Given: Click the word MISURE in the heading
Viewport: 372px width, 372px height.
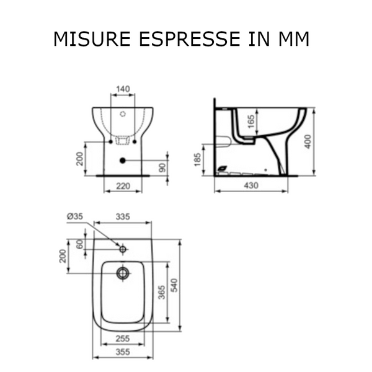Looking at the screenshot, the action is click(92, 38).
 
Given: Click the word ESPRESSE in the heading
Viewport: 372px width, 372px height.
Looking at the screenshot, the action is click(190, 38).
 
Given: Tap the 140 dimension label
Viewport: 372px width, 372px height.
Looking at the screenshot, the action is click(123, 89).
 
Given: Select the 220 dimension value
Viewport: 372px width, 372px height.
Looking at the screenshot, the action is click(123, 186).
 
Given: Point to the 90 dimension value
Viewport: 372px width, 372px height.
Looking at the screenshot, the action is click(162, 168).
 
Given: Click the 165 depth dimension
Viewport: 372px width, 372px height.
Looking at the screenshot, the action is click(250, 122).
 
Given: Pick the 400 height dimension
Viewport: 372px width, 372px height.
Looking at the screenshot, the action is click(308, 141).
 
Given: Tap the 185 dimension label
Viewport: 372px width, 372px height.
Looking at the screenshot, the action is click(197, 160).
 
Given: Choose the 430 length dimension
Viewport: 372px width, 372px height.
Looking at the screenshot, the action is click(251, 185).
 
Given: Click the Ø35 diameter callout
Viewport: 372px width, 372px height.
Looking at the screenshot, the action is click(75, 216).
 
